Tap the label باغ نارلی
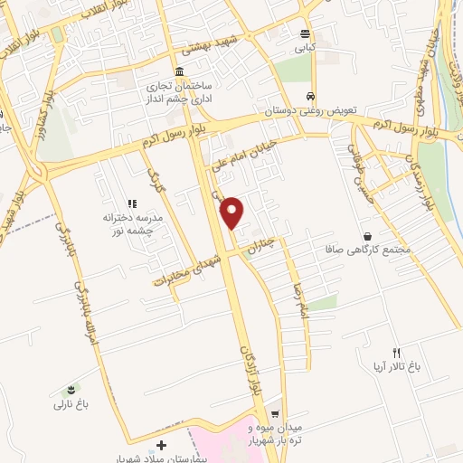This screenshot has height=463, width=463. pyautogui.click(x=73, y=404)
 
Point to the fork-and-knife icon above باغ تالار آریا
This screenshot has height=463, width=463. pyautogui.click(x=395, y=351)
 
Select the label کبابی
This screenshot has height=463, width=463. pyautogui.click(x=307, y=44)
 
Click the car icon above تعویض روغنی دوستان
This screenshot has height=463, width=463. pyautogui.click(x=310, y=95)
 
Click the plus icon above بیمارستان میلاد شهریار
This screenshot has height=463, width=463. pyautogui.click(x=161, y=445)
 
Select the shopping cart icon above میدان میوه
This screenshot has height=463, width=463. pyautogui.click(x=275, y=411)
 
